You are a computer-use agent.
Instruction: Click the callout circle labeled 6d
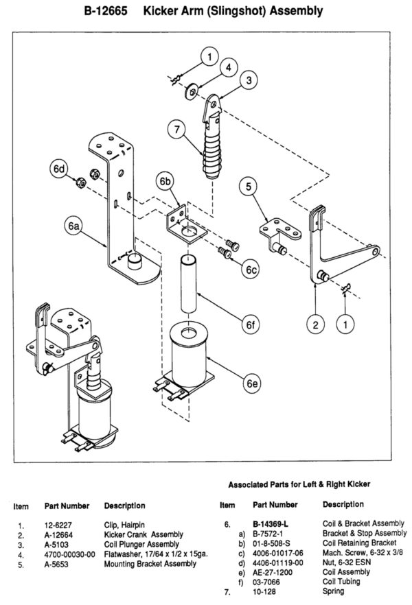[59, 169]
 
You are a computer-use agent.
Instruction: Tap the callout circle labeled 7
[177, 129]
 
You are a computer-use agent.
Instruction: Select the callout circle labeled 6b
[165, 181]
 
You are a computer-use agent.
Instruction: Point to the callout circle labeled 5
[249, 187]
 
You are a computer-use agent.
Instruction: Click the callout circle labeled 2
[316, 324]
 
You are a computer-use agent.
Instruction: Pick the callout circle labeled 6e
[252, 383]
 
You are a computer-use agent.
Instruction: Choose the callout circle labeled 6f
[251, 325]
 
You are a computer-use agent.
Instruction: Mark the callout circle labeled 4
[229, 67]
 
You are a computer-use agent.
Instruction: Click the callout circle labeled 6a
[73, 226]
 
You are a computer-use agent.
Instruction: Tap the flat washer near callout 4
[192, 92]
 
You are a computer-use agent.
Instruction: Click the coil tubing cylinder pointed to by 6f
[188, 283]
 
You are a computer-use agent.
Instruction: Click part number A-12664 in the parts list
[58, 535]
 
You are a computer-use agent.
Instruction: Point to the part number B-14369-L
[271, 524]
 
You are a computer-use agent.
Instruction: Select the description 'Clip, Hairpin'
[124, 525]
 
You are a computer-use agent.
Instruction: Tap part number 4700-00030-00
[69, 555]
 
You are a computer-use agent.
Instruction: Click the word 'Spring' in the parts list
[333, 591]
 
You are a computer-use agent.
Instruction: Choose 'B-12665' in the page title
[106, 11]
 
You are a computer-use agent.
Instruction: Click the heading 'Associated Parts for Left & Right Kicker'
[299, 484]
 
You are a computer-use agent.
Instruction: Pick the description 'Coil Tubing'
[341, 582]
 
